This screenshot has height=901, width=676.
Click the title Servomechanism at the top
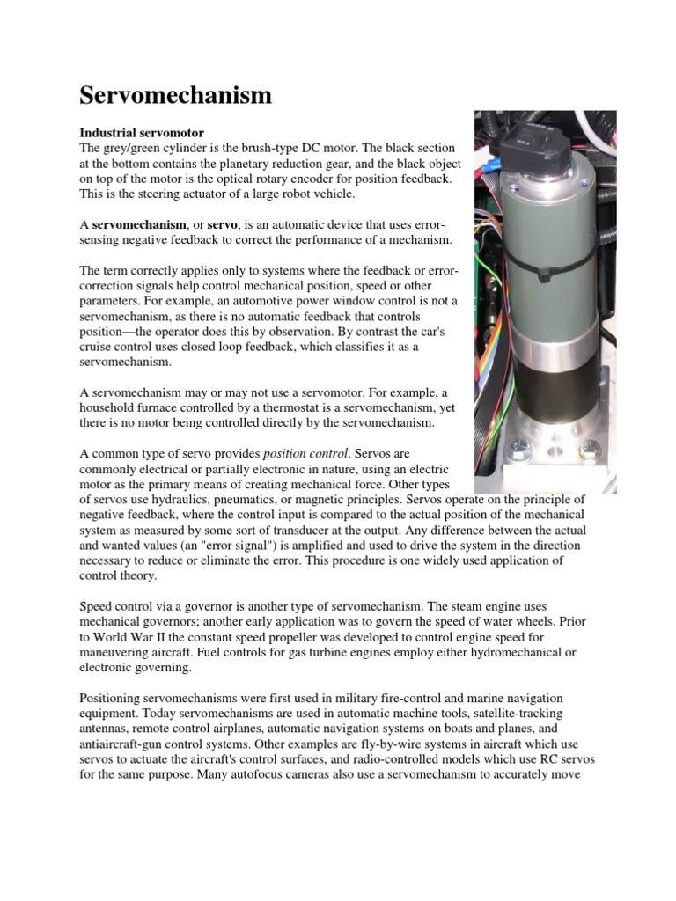pyautogui.click(x=176, y=95)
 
